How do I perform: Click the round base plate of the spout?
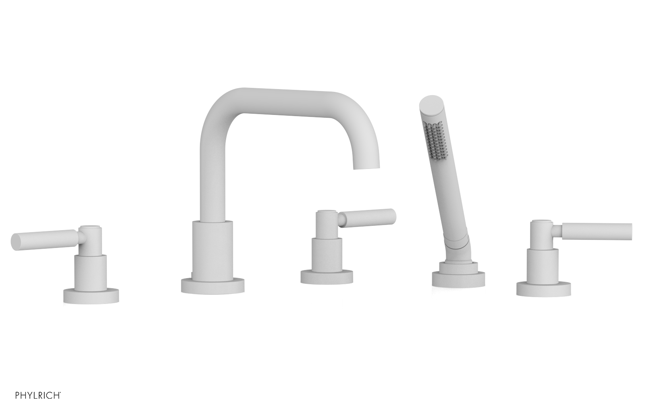tap(212, 286)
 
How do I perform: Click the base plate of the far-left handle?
tap(91, 296)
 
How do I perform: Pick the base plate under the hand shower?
tap(458, 279)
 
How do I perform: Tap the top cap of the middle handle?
tap(327, 212)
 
